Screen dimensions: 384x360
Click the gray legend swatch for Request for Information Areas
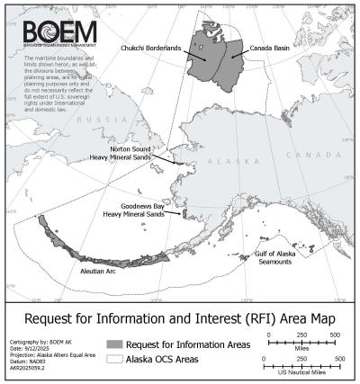[x=114, y=344]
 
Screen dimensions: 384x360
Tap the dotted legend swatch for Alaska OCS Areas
[x=114, y=357]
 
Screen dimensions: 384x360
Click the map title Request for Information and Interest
[x=179, y=317]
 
